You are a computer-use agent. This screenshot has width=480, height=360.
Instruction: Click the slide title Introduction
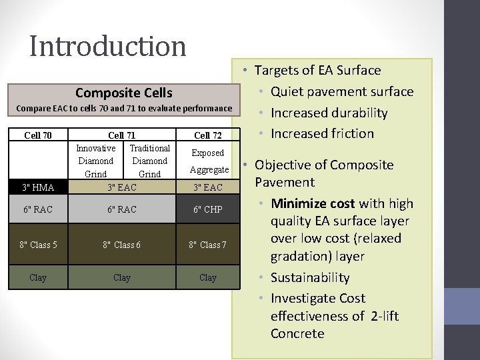(x=108, y=47)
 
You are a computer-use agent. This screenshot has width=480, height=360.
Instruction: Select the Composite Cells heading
(x=123, y=93)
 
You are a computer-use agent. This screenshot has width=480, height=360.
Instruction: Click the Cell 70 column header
(x=38, y=135)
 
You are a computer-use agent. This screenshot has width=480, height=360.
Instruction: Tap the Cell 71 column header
(x=122, y=135)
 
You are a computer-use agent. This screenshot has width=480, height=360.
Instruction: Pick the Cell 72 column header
(x=208, y=135)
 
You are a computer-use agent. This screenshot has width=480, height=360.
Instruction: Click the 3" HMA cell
(x=38, y=187)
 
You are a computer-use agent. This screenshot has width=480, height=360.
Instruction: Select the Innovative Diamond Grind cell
(x=96, y=161)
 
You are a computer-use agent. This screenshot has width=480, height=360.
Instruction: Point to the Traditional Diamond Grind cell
(x=149, y=161)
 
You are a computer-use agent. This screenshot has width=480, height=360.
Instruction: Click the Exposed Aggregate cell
(x=208, y=161)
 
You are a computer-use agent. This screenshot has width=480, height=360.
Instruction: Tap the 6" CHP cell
(x=208, y=209)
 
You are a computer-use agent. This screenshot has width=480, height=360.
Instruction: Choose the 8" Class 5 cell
(x=38, y=245)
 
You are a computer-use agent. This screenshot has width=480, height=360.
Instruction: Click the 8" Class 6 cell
(x=122, y=245)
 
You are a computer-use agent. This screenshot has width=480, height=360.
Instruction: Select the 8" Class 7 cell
(x=208, y=245)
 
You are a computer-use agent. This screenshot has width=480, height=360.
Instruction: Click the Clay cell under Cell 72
(x=208, y=277)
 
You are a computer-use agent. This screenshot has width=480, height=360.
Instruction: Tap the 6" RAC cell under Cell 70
(x=38, y=209)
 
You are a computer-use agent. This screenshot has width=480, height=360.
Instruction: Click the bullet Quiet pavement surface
(x=341, y=91)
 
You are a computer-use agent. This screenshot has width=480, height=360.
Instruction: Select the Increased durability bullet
(x=329, y=113)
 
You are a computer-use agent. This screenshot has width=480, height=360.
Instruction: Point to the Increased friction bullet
(x=322, y=133)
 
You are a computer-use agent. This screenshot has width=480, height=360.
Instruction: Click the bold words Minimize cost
(x=313, y=203)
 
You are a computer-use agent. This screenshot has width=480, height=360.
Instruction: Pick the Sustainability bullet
(x=310, y=277)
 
